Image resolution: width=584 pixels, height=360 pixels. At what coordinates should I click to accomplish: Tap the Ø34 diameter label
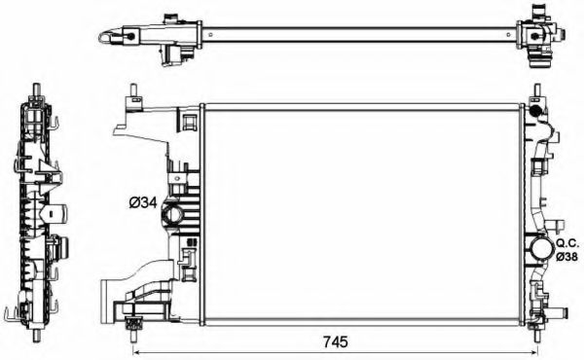coord(142,203)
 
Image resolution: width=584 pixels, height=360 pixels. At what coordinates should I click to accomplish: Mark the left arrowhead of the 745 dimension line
coord(136,351)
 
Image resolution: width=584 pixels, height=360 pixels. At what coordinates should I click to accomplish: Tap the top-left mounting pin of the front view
coord(131,94)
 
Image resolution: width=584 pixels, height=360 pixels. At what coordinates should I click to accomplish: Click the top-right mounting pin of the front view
coord(534,93)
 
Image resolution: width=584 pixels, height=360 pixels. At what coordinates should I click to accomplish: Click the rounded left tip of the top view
coord(101,36)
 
